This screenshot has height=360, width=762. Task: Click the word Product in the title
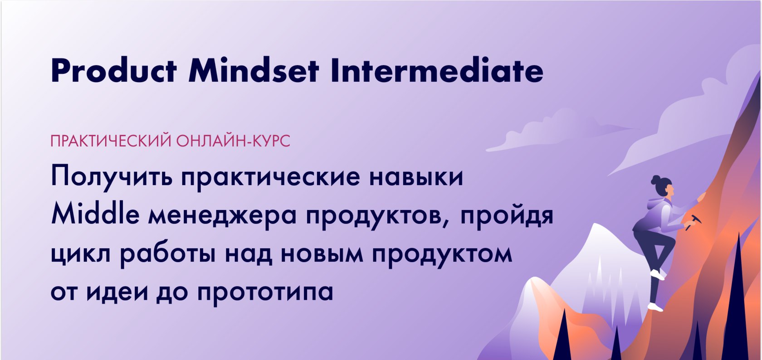pos(113,71)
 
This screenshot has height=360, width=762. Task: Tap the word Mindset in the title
pos(254,71)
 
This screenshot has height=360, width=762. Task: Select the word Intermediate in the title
pos(437,71)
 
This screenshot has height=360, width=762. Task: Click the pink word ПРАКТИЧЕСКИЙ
pos(111,141)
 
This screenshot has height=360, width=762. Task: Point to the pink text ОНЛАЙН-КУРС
pos(233,141)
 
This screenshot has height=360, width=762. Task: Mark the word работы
pos(168,253)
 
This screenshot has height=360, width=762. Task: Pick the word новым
pos(322,253)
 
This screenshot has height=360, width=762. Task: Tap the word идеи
pos(117,292)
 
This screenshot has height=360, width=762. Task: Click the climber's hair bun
pos(655,180)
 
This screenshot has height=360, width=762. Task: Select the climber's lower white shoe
pos(655,307)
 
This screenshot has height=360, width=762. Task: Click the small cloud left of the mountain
pos(558,131)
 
